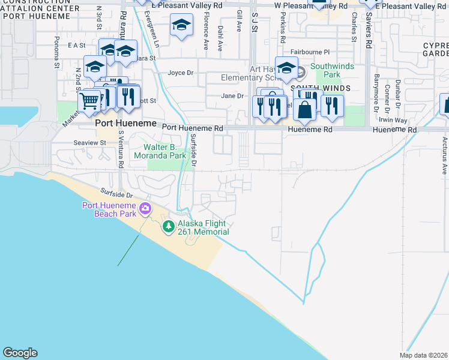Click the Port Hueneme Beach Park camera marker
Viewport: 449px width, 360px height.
tap(145, 209)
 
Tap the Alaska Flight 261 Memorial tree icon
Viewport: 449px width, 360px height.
tap(169, 226)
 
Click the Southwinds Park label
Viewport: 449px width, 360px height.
tap(324, 71)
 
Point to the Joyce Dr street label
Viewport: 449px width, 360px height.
tap(181, 73)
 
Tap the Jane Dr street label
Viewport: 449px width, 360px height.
tap(232, 96)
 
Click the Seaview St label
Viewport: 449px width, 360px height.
tap(89, 143)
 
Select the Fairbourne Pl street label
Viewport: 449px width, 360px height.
tap(310, 53)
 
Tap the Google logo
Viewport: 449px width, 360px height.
tap(20, 353)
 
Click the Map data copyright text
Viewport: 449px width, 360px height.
tap(424, 355)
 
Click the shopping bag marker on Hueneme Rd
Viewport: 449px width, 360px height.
tap(305, 110)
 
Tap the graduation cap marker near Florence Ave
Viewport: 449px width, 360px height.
tap(181, 25)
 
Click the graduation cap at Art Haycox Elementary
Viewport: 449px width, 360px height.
tap(287, 68)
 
